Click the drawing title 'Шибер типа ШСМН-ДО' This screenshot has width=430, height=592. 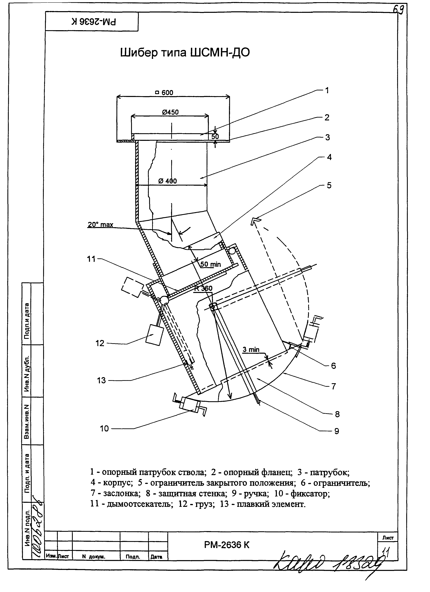click(x=185, y=53)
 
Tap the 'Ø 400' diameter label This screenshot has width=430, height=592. click(x=167, y=181)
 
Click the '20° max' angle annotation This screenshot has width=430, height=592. click(x=100, y=224)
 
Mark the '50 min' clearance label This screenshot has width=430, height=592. click(x=210, y=264)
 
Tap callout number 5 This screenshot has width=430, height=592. click(x=329, y=186)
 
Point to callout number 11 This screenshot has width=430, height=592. click(x=91, y=259)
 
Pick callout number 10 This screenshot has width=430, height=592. click(x=104, y=428)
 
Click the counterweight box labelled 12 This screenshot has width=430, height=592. click(x=154, y=335)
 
